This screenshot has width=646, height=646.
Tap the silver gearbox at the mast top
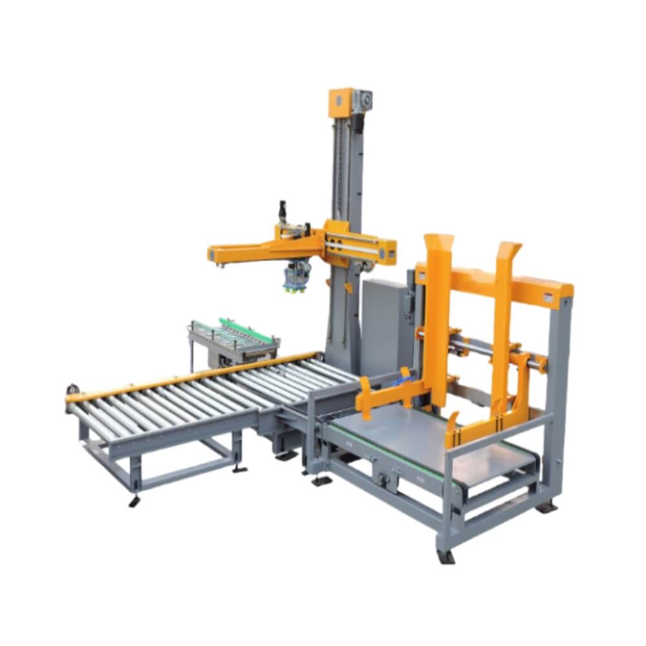coord(364,99)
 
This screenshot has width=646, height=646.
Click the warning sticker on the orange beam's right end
coord(548,297)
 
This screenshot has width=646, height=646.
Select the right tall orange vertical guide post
coord(503,323)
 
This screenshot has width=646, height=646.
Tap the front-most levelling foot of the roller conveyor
coord(134,501)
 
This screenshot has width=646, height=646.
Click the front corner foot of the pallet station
coord(446,556)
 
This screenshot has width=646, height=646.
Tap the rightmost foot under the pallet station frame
coord(546,507)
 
